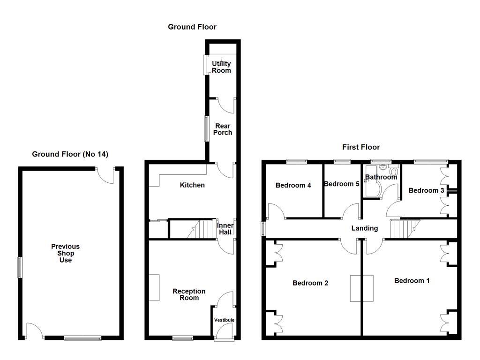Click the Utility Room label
point(221,67)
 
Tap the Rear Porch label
point(223,129)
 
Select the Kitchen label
point(192,185)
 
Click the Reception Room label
point(189,294)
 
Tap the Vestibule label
point(224,320)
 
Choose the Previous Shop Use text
point(66,253)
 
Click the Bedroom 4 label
point(293,185)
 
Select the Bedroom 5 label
point(342,184)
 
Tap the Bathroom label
point(381,177)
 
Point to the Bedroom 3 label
point(427,190)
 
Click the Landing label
point(365,228)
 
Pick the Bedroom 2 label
point(310,283)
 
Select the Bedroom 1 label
point(412,280)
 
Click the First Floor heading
point(361,147)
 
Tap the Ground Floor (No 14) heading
point(70,154)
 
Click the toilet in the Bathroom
point(393,172)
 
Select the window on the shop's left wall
point(20,267)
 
